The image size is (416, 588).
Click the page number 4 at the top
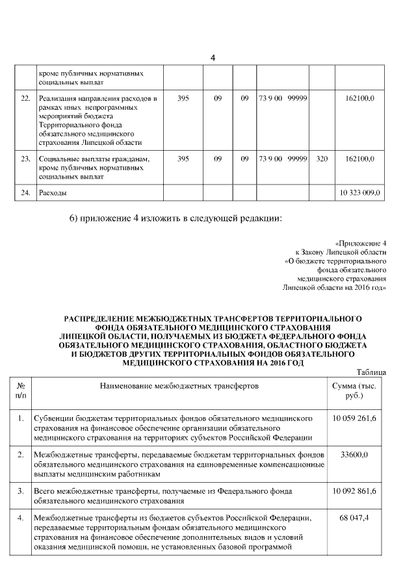coord(213,59)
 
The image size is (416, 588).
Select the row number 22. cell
coord(26,98)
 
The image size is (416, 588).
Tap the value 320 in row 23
coord(321,159)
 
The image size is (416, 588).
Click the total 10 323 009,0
coord(361,193)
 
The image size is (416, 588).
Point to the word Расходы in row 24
coord(53,193)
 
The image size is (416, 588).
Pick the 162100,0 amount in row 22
coord(359,98)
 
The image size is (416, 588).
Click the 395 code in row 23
coord(183,159)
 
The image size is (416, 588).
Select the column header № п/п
coord(21,390)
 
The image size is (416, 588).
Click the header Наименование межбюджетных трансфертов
coord(179,385)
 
